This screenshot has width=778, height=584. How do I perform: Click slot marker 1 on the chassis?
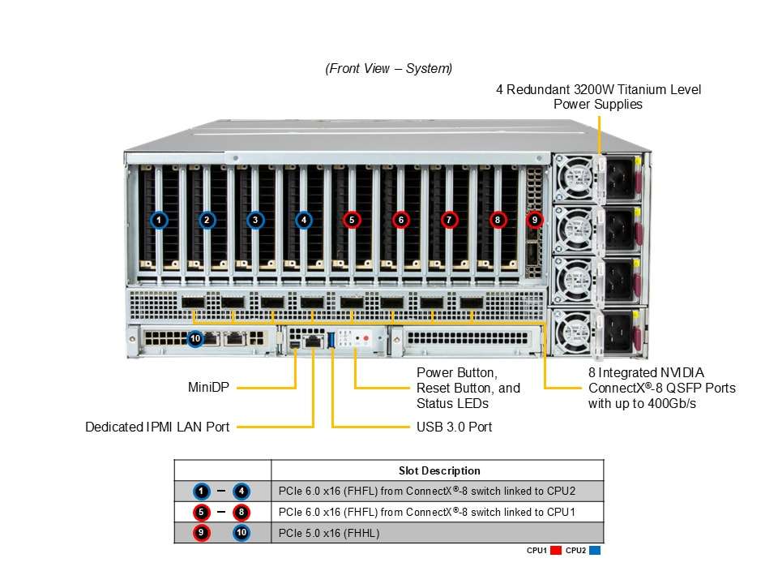point(159,220)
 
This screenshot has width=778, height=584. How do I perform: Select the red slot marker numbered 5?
point(352,220)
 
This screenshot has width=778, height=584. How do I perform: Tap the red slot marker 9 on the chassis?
point(534,220)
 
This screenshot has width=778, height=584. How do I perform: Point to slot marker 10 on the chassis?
point(195,339)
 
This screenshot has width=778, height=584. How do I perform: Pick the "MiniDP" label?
point(208,388)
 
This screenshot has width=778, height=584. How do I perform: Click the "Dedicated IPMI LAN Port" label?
point(157,427)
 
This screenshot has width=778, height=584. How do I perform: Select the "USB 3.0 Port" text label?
point(454,427)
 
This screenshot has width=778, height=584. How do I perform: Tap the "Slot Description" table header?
point(439,470)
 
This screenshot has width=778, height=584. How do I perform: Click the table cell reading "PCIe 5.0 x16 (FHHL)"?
point(329,534)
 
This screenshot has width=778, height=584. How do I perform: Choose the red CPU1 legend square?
point(556,550)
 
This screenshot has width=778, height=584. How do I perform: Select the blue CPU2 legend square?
point(594,550)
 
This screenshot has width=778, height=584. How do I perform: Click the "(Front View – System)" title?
point(388,68)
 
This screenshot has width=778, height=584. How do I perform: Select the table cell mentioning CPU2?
point(427,492)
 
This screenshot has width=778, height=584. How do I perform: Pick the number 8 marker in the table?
point(242,512)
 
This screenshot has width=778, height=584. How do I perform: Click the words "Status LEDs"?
point(452,404)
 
